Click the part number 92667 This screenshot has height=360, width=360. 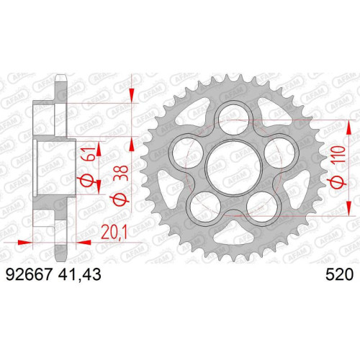pyautogui.click(x=29, y=274)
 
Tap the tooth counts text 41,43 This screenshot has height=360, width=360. pyautogui.click(x=79, y=275)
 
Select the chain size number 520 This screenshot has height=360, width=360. pyautogui.click(x=339, y=274)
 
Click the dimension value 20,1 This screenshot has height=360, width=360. pyautogui.click(x=114, y=232)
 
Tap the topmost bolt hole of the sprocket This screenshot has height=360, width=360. pyautogui.click(x=236, y=120)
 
